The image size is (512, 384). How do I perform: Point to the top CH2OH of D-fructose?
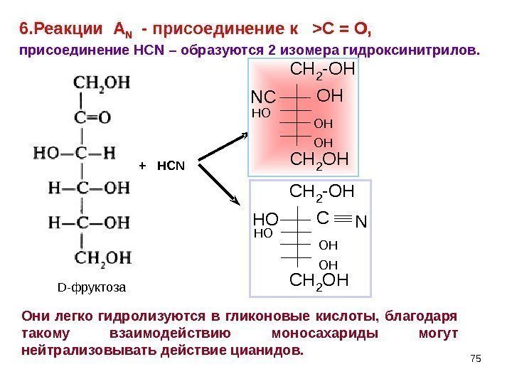pos(107,82)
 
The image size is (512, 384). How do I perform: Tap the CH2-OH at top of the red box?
pos(322,70)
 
